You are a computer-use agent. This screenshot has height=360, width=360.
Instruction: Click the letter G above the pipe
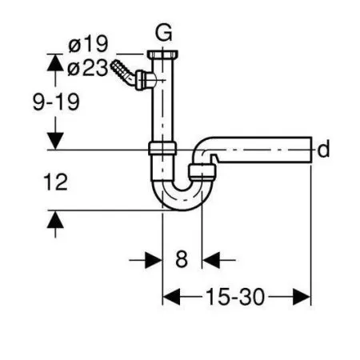164,33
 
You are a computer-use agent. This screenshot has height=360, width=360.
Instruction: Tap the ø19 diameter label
88,44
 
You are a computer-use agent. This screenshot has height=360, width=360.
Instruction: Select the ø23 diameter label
88,68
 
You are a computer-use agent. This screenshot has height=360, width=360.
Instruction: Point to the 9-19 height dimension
56,102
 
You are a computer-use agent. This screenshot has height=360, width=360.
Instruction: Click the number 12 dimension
55,182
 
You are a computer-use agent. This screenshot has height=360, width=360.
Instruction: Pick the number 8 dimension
182,259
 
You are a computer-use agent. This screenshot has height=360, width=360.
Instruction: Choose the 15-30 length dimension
235,297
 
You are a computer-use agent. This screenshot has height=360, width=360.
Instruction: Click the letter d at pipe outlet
323,149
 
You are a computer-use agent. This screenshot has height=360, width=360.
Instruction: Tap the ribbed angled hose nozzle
123,72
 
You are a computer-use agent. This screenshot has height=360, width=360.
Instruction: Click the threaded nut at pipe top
162,54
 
